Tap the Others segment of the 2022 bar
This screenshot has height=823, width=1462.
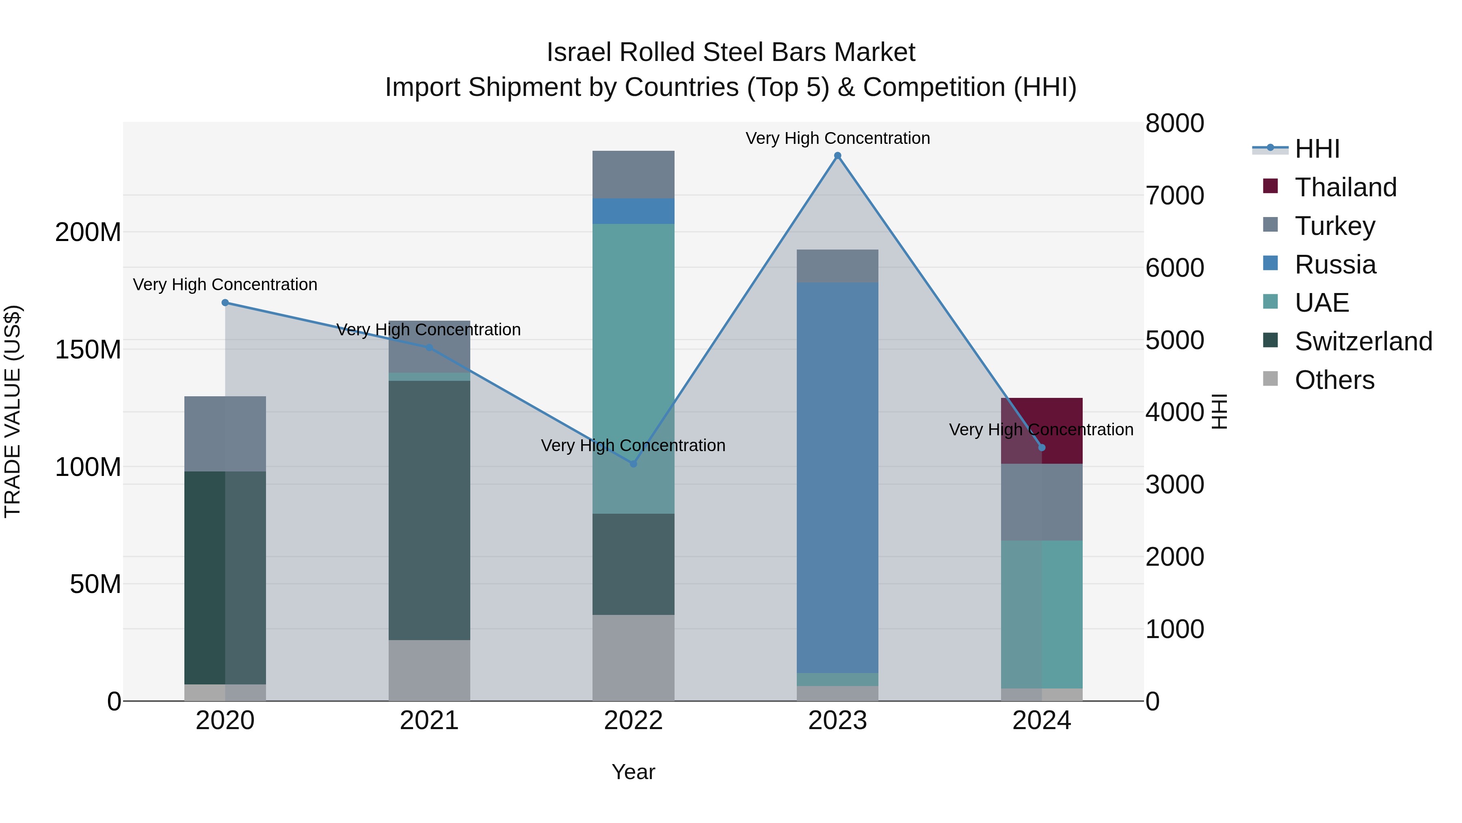pyautogui.click(x=634, y=657)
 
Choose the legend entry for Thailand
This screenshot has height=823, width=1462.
pyautogui.click(x=1345, y=187)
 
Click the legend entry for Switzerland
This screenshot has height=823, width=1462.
pyautogui.click(x=1362, y=341)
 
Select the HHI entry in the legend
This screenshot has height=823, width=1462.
pyautogui.click(x=1317, y=149)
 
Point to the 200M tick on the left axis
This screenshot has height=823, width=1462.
pyautogui.click(x=88, y=232)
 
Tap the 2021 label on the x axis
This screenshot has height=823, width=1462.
pyautogui.click(x=429, y=721)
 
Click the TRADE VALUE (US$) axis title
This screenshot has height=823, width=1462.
pyautogui.click(x=13, y=411)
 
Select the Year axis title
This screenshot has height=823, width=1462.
pyautogui.click(x=634, y=772)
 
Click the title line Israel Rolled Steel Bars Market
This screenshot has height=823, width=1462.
pyautogui.click(x=731, y=52)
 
